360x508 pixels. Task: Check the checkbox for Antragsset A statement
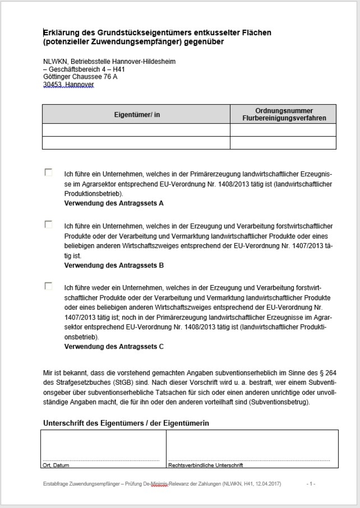click(x=48, y=172)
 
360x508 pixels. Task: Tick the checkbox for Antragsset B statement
click(x=48, y=224)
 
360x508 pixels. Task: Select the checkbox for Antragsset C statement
click(x=48, y=286)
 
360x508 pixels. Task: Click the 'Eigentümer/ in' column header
click(x=136, y=115)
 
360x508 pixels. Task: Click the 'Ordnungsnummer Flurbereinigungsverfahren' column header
click(x=283, y=115)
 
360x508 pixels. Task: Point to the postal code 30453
click(x=52, y=85)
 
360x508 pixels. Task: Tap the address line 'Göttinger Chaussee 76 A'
click(x=80, y=77)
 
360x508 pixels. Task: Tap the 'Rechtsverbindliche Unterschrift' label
click(x=206, y=465)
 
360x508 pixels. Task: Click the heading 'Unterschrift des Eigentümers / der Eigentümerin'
click(x=126, y=423)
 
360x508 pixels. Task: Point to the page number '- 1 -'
click(x=311, y=484)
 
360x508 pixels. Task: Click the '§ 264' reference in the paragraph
click(x=328, y=372)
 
